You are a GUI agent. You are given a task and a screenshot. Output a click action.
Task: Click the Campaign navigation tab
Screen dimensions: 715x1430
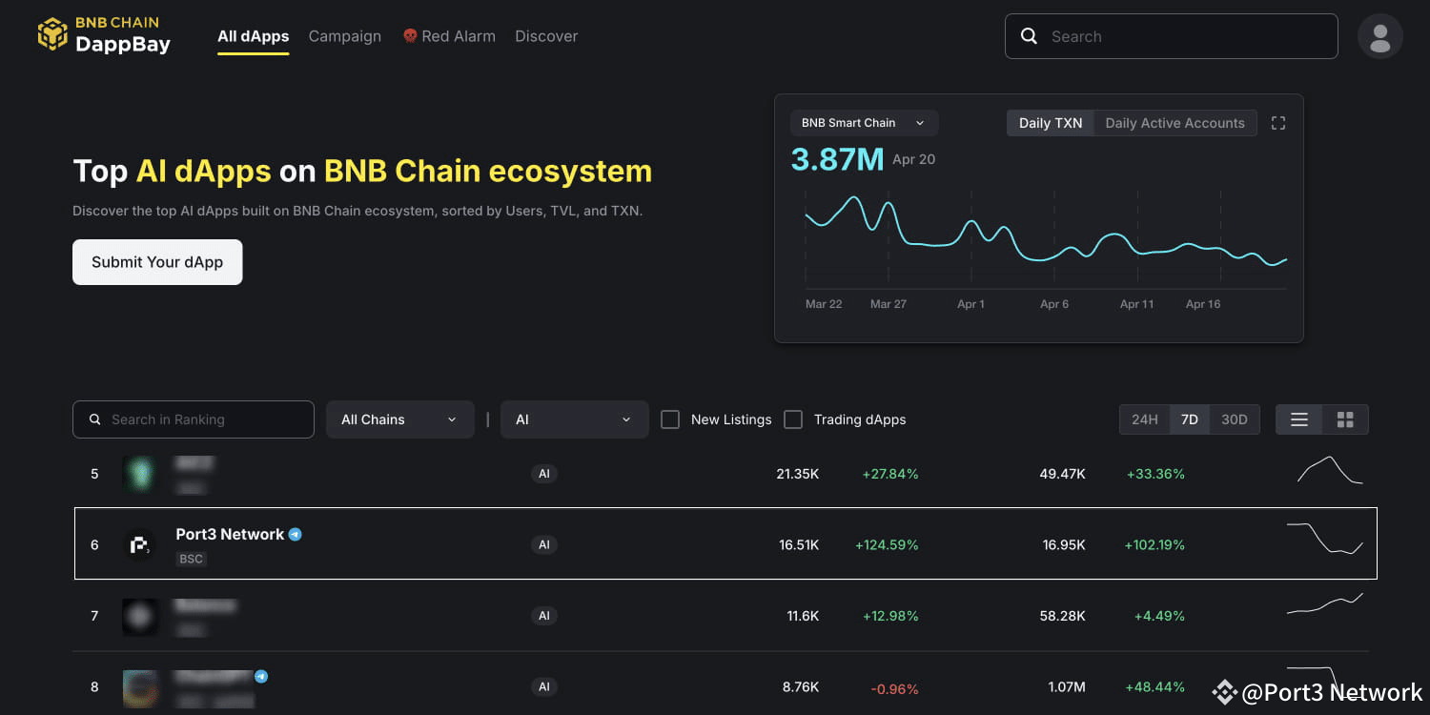click(344, 36)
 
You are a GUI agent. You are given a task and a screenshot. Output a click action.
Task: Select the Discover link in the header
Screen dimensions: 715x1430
click(546, 36)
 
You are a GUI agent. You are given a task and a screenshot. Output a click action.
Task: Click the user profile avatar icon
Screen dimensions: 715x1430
click(1379, 37)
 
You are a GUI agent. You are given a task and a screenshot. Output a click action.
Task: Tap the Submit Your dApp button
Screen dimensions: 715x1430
click(157, 262)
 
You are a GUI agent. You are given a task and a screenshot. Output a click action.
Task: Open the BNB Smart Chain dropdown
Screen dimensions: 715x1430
click(864, 123)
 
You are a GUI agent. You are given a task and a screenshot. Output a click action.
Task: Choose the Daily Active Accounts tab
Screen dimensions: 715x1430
click(1175, 123)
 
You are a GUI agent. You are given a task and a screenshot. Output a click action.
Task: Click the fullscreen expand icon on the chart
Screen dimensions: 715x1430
click(1278, 123)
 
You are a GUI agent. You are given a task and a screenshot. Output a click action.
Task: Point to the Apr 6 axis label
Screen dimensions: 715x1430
click(1054, 304)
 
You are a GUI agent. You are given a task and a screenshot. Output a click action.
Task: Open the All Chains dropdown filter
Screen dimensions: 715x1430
click(399, 419)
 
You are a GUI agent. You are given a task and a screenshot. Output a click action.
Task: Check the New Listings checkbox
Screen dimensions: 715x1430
click(670, 419)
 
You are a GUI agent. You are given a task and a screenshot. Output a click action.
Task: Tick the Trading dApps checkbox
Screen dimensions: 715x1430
click(793, 419)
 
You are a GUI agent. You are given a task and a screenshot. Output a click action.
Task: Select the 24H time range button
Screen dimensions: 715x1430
click(1144, 419)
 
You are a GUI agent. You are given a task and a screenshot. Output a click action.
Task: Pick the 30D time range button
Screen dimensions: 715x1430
click(1235, 419)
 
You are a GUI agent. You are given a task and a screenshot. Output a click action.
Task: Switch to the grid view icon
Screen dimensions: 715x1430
click(1345, 419)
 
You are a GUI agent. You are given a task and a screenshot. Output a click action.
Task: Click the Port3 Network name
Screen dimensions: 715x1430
click(230, 535)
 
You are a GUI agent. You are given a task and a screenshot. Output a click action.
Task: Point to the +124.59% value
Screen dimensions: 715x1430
click(887, 545)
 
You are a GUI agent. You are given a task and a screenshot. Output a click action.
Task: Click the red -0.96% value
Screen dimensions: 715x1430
click(894, 687)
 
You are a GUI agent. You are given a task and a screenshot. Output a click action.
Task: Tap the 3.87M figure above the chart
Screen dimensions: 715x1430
click(837, 159)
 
